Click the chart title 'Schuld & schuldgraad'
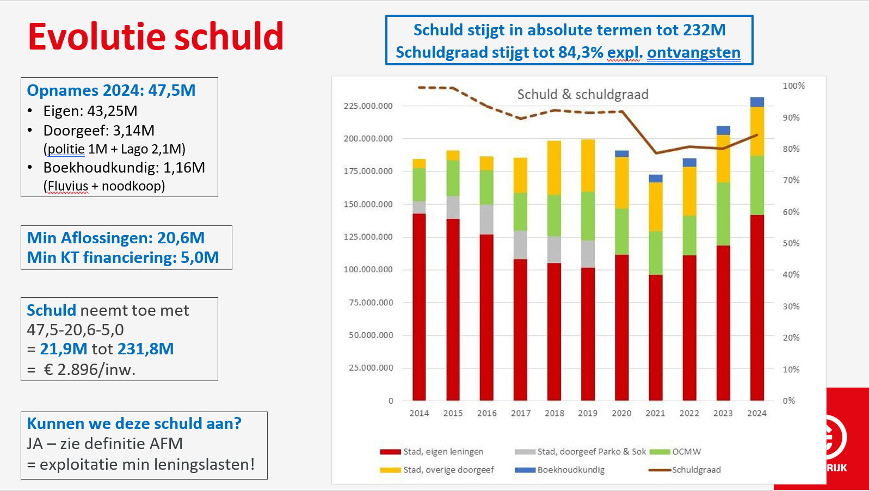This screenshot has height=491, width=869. tap(583, 94)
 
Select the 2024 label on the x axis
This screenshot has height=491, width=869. tap(756, 413)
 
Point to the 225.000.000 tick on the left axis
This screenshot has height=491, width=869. tap(368, 106)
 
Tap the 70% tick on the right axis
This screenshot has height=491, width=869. tap(791, 180)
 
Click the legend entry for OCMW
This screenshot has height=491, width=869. tap(675, 452)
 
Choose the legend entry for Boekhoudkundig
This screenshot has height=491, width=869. tap(560, 470)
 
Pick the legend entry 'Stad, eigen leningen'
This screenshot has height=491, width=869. tap(432, 452)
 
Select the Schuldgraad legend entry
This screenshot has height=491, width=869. tap(685, 470)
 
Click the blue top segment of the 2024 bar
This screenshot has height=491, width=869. tap(757, 102)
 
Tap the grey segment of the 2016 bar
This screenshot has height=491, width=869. tap(486, 219)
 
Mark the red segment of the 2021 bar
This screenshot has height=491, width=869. tap(656, 337)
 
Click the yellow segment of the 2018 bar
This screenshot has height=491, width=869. tap(554, 168)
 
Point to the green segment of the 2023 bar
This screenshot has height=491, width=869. tap(723, 214)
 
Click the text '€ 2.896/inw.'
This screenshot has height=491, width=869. tap(89, 370)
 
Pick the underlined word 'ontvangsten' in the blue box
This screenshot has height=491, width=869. tap(694, 52)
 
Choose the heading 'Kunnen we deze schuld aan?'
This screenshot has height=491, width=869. tap(134, 424)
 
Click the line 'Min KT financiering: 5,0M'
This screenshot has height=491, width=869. tap(123, 257)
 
